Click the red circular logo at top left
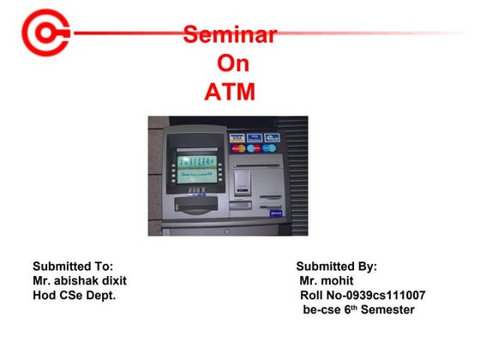40,33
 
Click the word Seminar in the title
229,35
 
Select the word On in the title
229,63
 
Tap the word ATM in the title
229,91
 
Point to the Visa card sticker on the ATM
235,137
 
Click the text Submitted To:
73,267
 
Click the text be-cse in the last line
323,309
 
